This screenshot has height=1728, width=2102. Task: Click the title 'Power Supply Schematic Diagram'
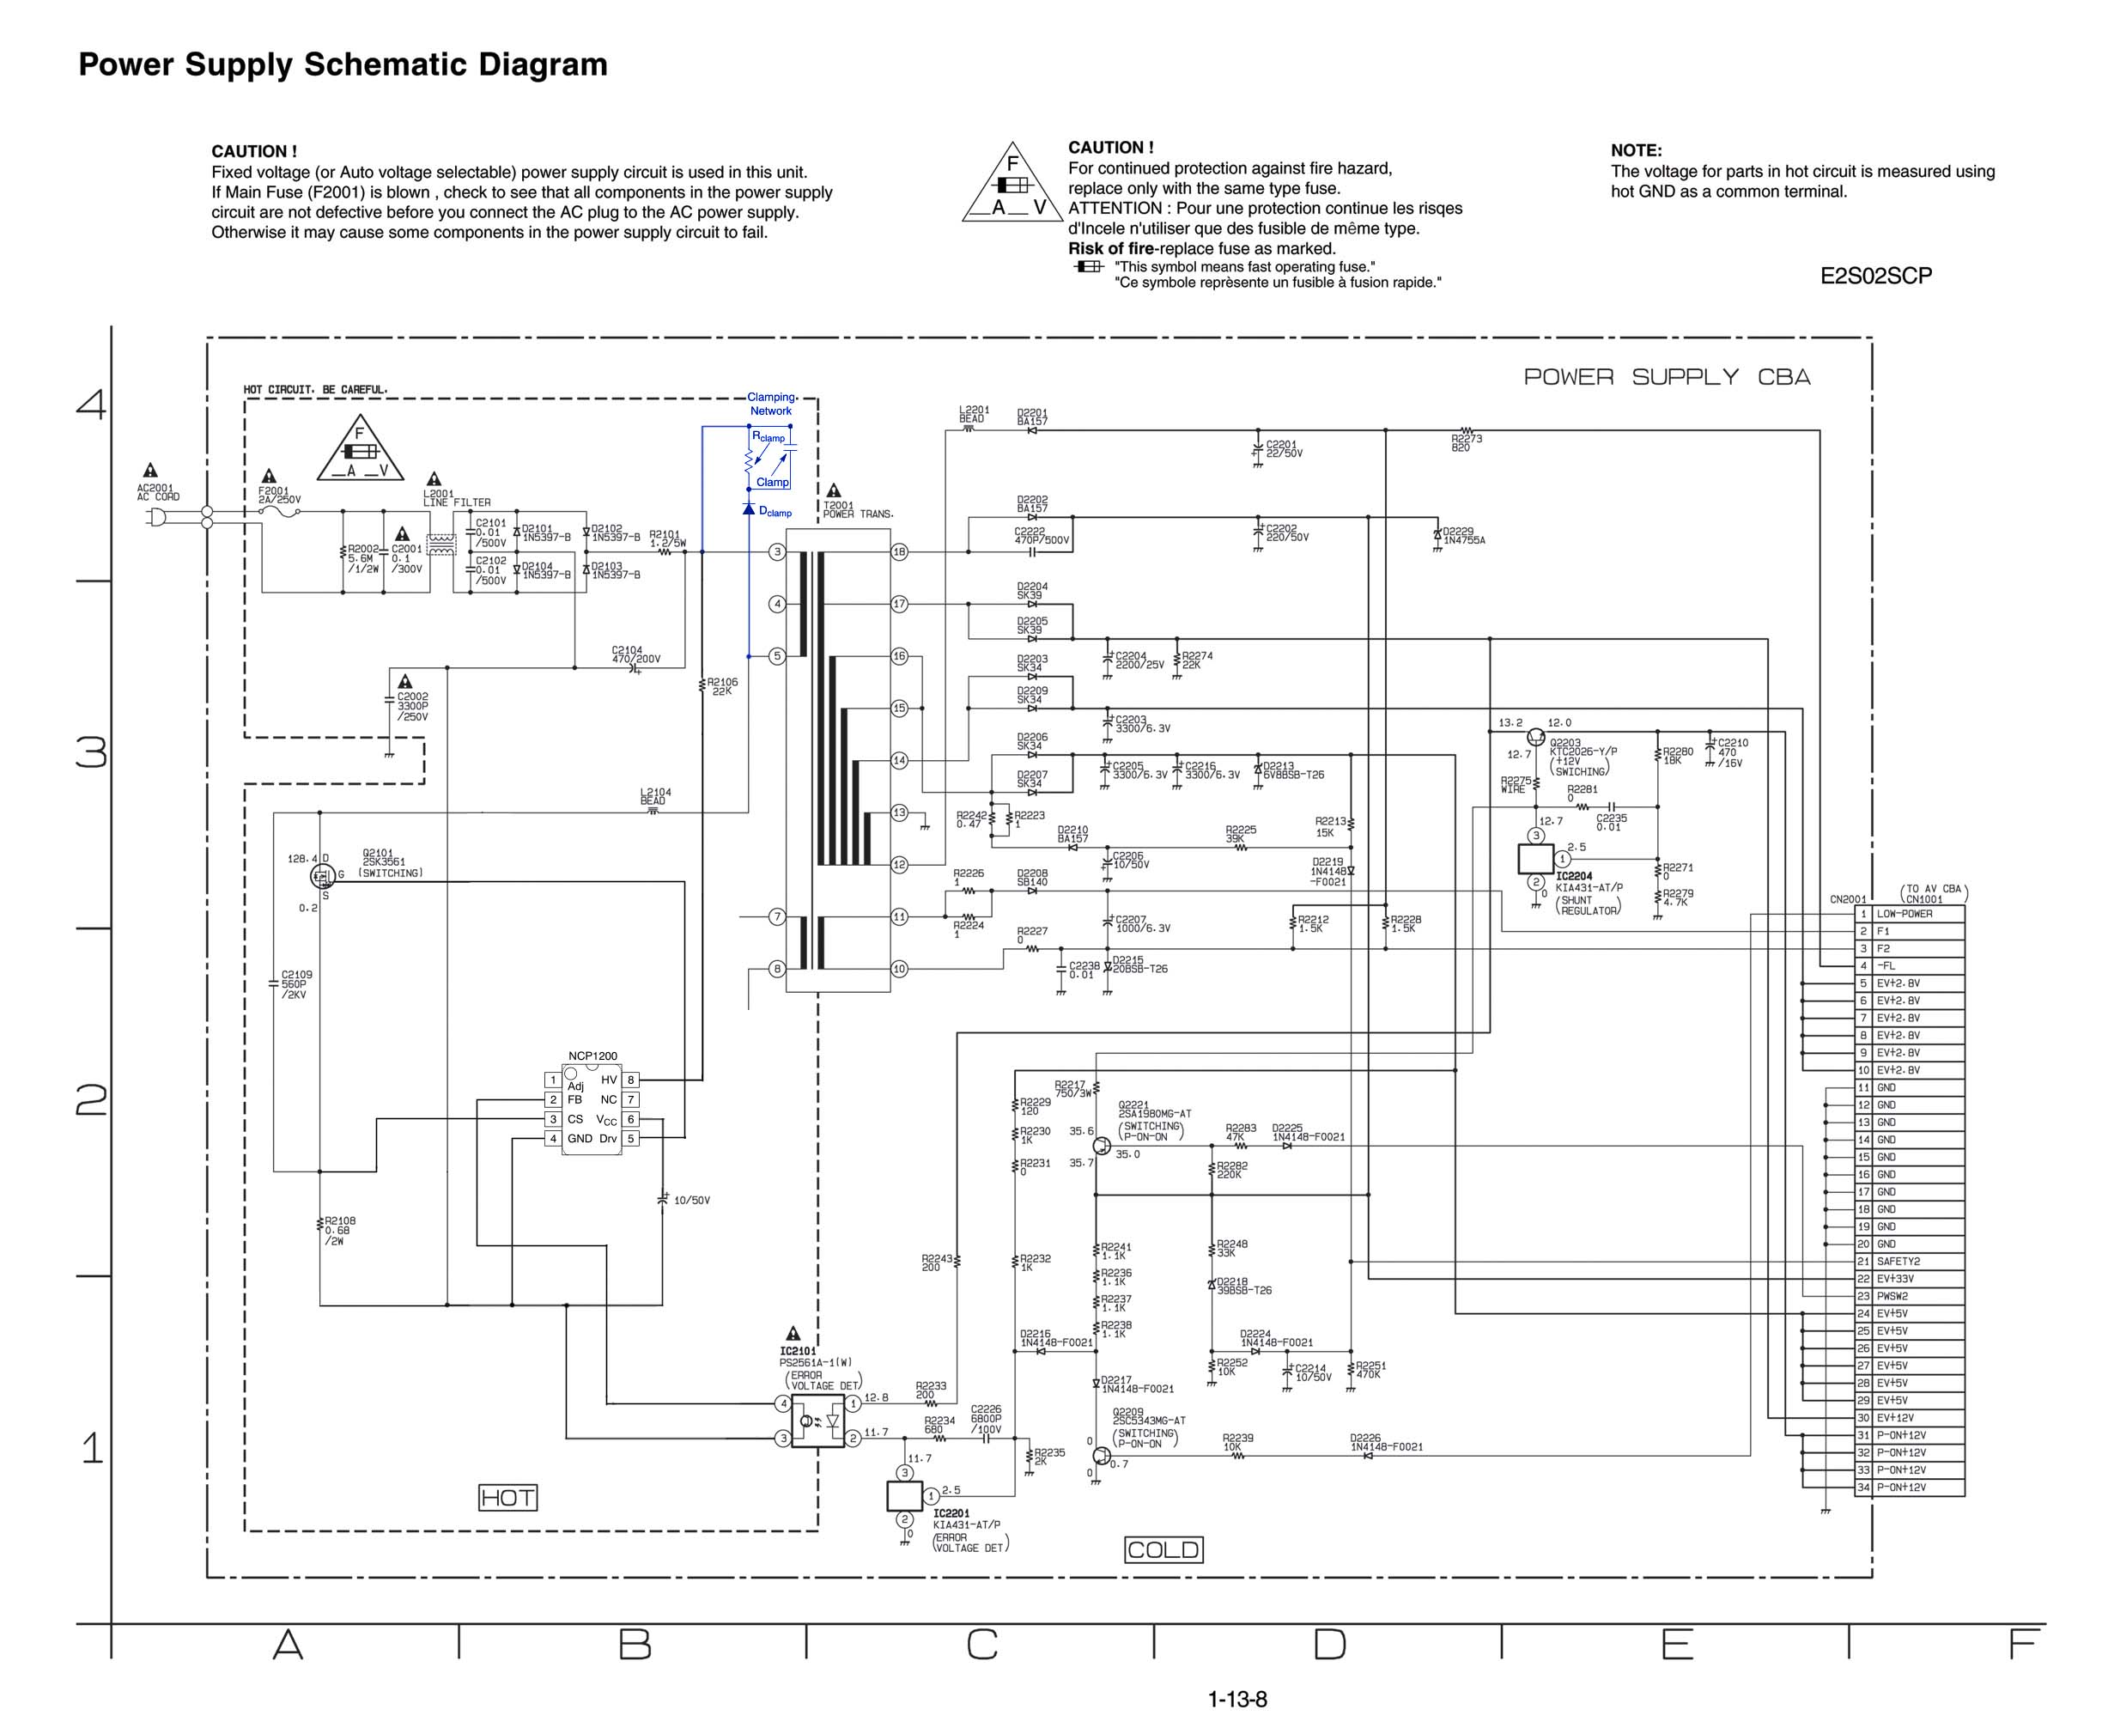coord(343,64)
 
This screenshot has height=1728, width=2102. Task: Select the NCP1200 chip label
coord(592,1056)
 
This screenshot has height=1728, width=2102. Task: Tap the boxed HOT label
coord(507,1497)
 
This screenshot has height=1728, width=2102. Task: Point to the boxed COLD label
coord(1163,1550)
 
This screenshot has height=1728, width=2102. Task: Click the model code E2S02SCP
coord(1875,277)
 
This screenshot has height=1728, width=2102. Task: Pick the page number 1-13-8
coord(1237,1699)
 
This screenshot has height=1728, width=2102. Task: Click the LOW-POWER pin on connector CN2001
coord(1904,914)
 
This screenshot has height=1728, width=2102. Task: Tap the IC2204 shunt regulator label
coord(1574,877)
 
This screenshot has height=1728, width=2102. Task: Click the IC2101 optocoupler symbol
coord(817,1421)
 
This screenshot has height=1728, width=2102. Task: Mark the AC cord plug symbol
coord(156,517)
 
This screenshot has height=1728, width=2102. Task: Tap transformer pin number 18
coord(899,552)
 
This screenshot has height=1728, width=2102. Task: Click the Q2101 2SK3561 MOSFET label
coord(383,858)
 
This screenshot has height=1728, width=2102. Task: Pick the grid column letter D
coord(1330,1645)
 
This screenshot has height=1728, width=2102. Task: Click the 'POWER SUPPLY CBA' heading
coord(1666,377)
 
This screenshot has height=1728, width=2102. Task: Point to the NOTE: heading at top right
coord(1637,151)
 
